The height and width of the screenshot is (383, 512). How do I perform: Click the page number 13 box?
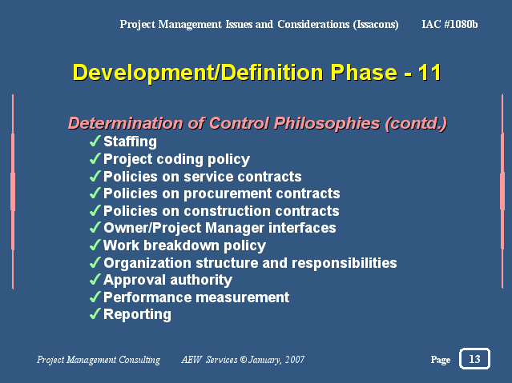474,358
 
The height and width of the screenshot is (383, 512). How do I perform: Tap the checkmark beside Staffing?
95,142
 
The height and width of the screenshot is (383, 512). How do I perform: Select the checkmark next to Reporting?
95,314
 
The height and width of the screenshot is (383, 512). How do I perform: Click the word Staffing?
130,142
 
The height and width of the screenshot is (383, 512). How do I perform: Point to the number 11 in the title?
429,73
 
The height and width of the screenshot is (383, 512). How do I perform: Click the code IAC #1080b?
450,25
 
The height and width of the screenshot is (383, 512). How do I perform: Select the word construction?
228,211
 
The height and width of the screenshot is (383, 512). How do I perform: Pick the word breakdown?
181,245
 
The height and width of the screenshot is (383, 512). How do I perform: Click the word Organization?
147,263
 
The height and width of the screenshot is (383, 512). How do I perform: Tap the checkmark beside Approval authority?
95,279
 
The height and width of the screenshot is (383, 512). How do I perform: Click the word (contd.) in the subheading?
416,124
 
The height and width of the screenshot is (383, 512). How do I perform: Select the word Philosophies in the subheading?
327,124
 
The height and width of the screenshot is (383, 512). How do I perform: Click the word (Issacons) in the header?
376,25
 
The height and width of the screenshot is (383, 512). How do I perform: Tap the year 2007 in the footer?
295,360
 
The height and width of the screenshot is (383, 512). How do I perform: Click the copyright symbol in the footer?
244,359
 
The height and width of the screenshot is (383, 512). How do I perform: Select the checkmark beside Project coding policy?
95,159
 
